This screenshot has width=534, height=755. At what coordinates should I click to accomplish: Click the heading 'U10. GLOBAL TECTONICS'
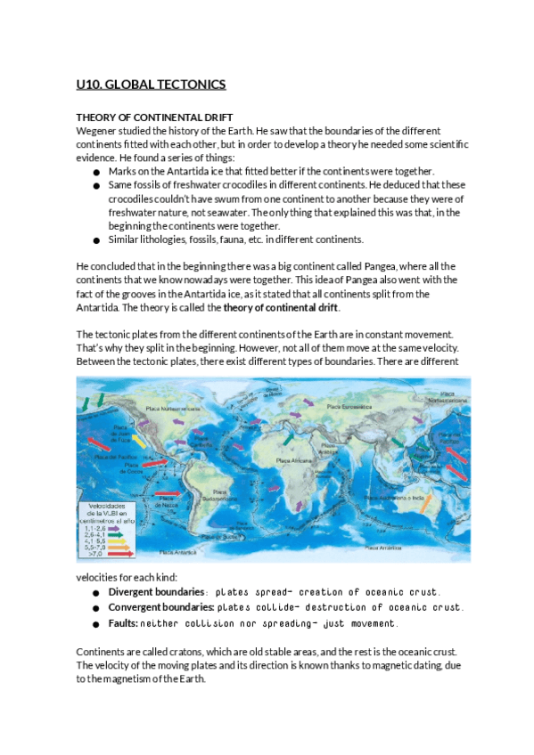click(x=151, y=85)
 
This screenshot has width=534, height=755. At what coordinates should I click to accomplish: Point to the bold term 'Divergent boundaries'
click(x=156, y=592)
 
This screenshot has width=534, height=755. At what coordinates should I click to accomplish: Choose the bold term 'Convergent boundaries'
click(x=160, y=606)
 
